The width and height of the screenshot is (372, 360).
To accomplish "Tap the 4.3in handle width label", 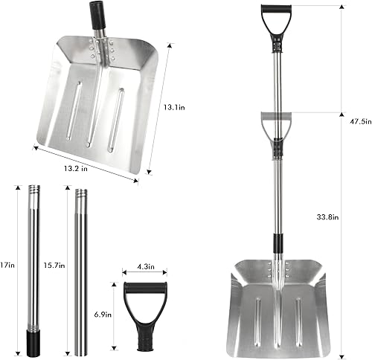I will [147, 266].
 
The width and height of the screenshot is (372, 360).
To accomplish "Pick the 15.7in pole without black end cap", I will [81, 275].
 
